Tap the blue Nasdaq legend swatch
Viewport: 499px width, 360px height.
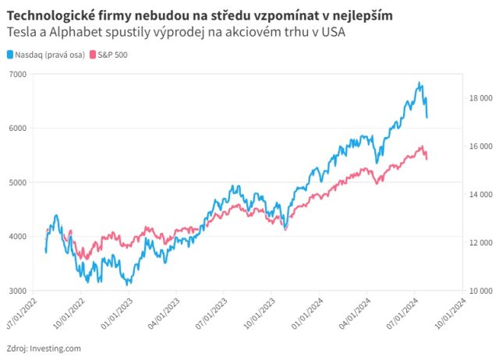[10, 55]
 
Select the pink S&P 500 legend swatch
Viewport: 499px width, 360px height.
[94, 55]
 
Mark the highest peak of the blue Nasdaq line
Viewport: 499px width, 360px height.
[419, 83]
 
